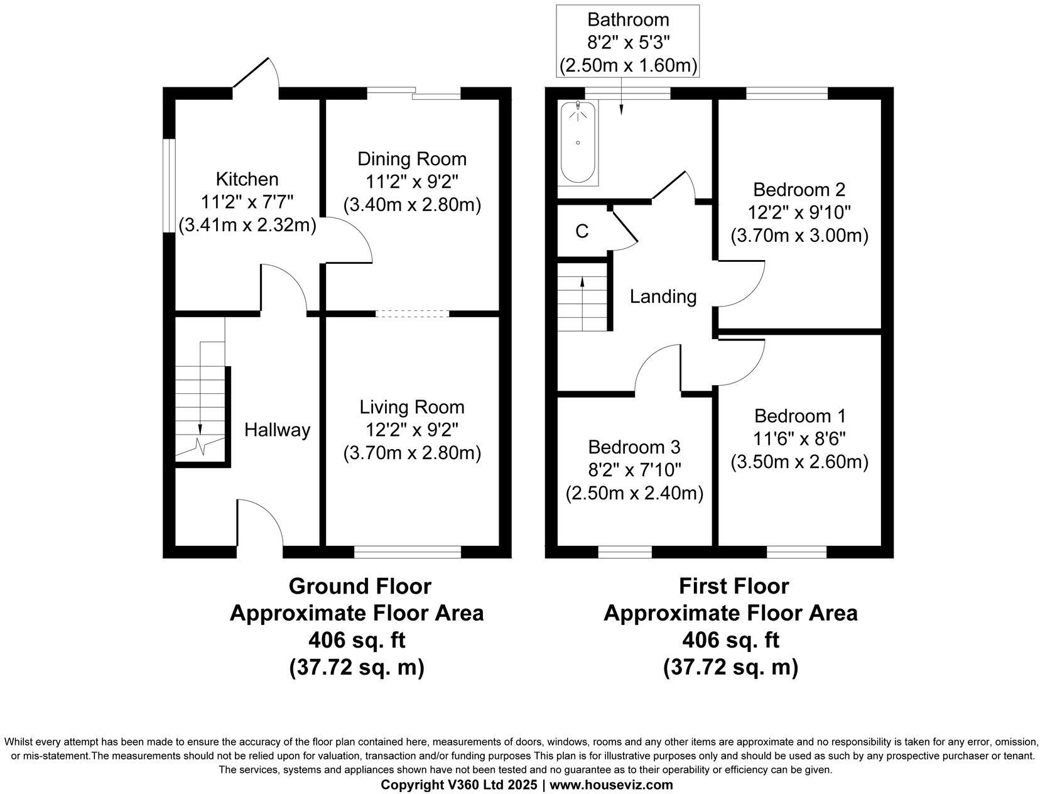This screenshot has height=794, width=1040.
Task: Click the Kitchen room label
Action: click(247, 180)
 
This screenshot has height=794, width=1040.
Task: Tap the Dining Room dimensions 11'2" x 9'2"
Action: click(412, 182)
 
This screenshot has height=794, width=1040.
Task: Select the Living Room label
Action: click(412, 407)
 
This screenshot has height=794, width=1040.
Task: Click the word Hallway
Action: click(277, 430)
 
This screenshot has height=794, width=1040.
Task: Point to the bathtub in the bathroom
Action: click(578, 142)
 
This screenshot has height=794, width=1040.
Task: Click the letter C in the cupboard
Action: click(582, 232)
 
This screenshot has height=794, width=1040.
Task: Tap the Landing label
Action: click(663, 296)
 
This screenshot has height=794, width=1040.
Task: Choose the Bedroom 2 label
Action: click(799, 189)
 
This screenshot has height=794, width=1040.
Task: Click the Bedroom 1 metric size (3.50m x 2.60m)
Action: click(799, 462)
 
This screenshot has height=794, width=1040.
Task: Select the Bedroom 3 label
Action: click(634, 447)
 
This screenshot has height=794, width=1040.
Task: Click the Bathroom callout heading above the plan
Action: click(628, 19)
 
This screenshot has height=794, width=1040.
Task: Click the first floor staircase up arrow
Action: click(582, 286)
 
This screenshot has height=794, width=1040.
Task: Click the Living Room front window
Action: click(408, 552)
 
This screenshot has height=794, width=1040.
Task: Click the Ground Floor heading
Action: click(360, 586)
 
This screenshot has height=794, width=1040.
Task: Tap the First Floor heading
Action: click(734, 586)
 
